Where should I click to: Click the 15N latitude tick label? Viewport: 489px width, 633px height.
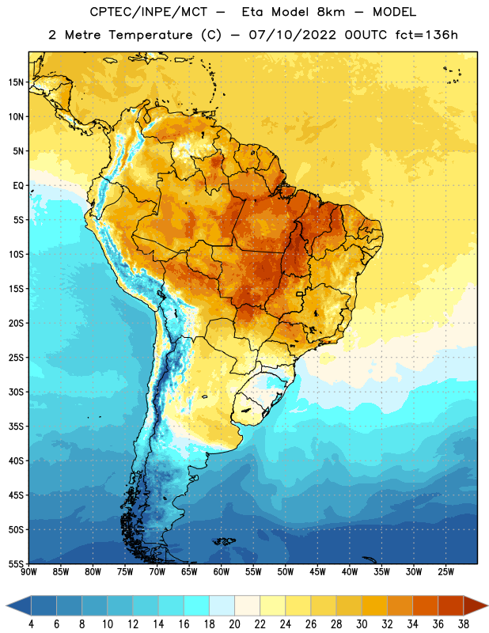(x=16, y=82)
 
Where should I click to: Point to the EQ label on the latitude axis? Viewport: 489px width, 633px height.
(x=18, y=186)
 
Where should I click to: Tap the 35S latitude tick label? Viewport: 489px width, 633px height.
(x=16, y=426)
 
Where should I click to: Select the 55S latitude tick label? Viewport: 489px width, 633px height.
(x=16, y=564)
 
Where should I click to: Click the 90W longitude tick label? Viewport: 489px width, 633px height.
(x=28, y=572)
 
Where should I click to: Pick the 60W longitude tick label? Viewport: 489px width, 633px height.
(x=222, y=572)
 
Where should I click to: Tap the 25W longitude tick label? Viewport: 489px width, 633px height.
(x=445, y=572)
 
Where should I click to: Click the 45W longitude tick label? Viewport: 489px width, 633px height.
(x=317, y=572)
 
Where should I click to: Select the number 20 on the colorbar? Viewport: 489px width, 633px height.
(x=234, y=624)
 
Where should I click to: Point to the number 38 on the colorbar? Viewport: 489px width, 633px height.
(x=464, y=624)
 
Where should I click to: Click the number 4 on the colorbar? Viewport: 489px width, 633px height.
(x=31, y=624)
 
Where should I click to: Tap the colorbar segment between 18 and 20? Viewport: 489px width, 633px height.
(x=222, y=605)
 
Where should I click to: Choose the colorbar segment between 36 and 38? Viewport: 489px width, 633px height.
(x=451, y=605)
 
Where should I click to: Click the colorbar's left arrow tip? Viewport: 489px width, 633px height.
(x=6, y=605)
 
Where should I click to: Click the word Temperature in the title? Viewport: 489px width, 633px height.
(x=150, y=35)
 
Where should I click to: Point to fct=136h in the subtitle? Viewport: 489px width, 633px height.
(x=426, y=35)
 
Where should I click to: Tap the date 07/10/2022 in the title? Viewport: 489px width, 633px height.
(x=292, y=35)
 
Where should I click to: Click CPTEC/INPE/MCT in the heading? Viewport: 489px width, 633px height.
(x=149, y=12)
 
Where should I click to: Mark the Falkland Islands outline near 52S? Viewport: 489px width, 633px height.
(x=224, y=541)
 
